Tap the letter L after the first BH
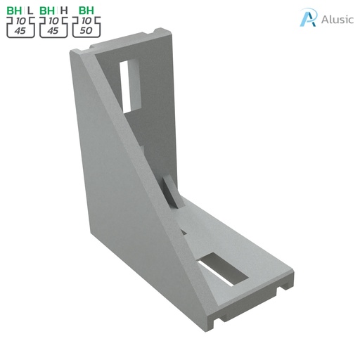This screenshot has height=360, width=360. [30, 11]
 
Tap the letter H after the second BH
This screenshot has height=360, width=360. [64, 11]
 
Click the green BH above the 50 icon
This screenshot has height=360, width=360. [86, 11]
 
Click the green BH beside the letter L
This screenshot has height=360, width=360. [15, 11]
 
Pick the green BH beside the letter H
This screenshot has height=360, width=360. [48, 11]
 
